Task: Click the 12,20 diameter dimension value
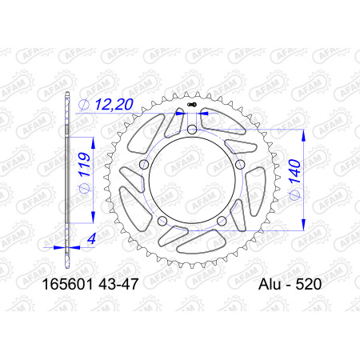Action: (x=114, y=104)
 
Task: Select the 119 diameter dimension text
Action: (x=83, y=164)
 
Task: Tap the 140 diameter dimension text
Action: (x=295, y=171)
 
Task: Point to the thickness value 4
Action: (x=91, y=238)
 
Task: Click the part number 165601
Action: (x=68, y=284)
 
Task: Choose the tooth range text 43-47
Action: (x=118, y=284)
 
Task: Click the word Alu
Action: (x=270, y=284)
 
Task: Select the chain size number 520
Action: (x=309, y=284)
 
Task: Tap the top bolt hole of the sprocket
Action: (x=192, y=130)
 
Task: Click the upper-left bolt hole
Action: (x=144, y=164)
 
